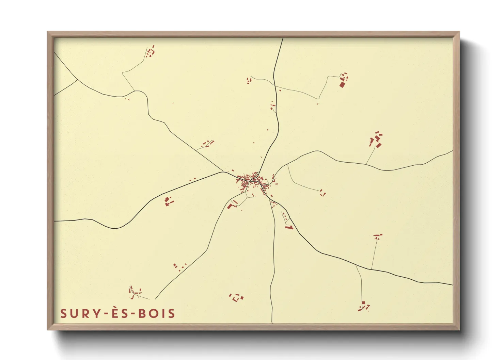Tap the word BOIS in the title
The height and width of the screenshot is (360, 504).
click(x=157, y=313)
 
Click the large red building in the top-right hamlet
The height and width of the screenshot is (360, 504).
click(x=342, y=84)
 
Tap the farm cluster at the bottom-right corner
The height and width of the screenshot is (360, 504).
click(x=364, y=306)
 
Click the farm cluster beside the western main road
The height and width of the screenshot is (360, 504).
click(x=168, y=201)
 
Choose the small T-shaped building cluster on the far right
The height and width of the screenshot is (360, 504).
click(x=377, y=236)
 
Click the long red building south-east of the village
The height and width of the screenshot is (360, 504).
click(x=289, y=227)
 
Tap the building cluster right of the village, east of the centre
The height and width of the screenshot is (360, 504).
click(x=322, y=193)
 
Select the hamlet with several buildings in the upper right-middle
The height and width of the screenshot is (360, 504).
click(x=376, y=140)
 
